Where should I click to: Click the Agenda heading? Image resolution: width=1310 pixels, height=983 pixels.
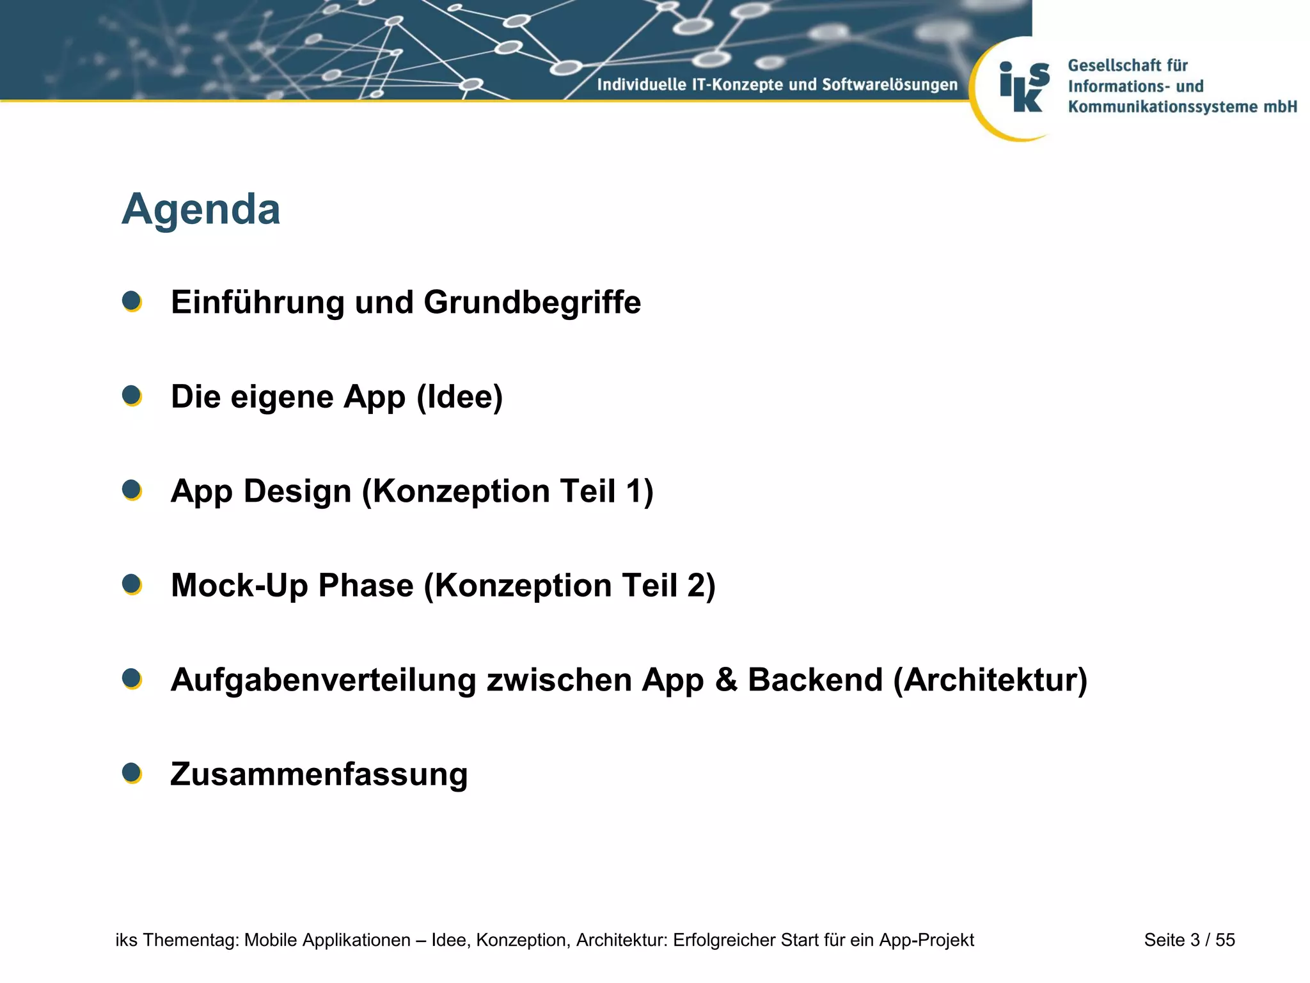pyautogui.click(x=201, y=210)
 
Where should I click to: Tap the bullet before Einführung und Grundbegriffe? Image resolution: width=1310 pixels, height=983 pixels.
pyautogui.click(x=132, y=301)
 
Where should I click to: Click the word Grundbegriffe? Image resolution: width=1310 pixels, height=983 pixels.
pyautogui.click(x=532, y=303)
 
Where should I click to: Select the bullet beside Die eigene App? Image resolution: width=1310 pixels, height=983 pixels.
pyautogui.click(x=132, y=396)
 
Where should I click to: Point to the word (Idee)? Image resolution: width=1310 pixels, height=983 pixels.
pyautogui.click(x=459, y=397)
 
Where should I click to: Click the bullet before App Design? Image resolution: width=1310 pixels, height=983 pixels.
pyautogui.click(x=132, y=490)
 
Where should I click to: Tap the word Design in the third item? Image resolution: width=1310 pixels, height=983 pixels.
pyautogui.click(x=297, y=491)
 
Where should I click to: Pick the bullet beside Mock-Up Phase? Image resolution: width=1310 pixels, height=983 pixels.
pyautogui.click(x=132, y=584)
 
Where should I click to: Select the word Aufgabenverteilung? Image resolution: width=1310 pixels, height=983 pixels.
pyautogui.click(x=323, y=680)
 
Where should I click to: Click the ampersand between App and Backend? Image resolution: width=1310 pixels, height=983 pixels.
pyautogui.click(x=725, y=680)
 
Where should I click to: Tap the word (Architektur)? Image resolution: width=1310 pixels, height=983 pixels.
pyautogui.click(x=990, y=680)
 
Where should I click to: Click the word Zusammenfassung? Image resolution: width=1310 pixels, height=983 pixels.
pyautogui.click(x=319, y=774)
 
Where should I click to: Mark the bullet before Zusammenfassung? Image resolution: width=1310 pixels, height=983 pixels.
pyautogui.click(x=132, y=773)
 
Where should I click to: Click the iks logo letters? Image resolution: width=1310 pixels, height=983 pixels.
pyautogui.click(x=1024, y=87)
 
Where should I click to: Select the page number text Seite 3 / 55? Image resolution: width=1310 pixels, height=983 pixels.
pyautogui.click(x=1189, y=940)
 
